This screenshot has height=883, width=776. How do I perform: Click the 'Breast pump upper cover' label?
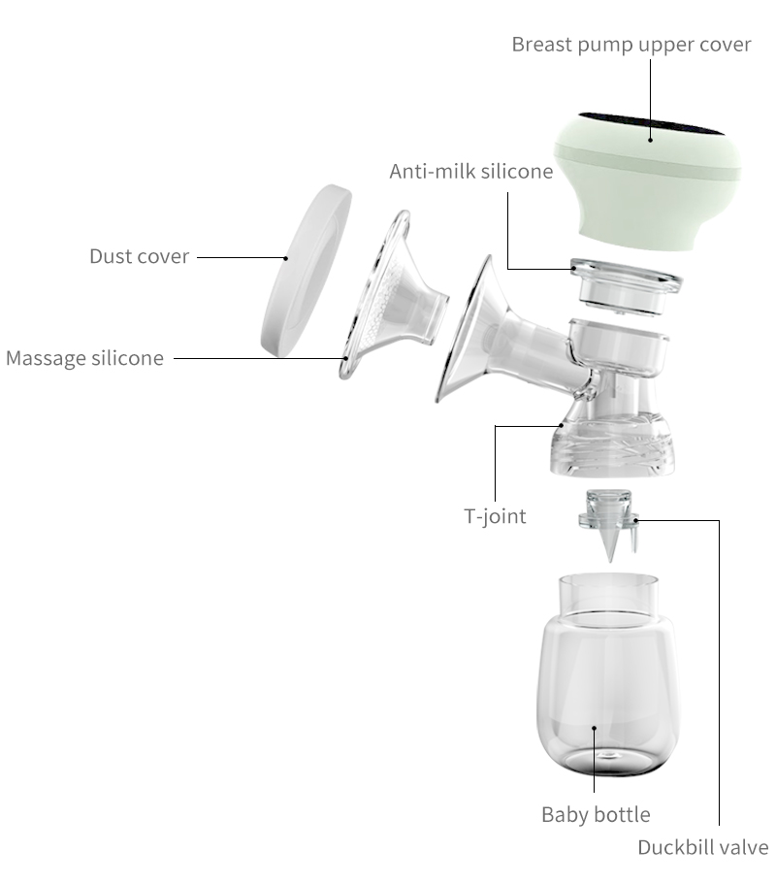631,45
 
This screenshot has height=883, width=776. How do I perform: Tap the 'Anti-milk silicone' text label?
470,172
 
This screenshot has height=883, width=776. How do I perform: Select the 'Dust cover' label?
139,256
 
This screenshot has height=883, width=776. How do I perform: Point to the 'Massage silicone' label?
84,357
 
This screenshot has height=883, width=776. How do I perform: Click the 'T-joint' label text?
495,516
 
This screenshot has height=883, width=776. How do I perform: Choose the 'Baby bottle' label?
596,814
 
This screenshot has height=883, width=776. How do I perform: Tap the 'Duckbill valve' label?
702,847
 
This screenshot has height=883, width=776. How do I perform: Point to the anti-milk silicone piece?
625,285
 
